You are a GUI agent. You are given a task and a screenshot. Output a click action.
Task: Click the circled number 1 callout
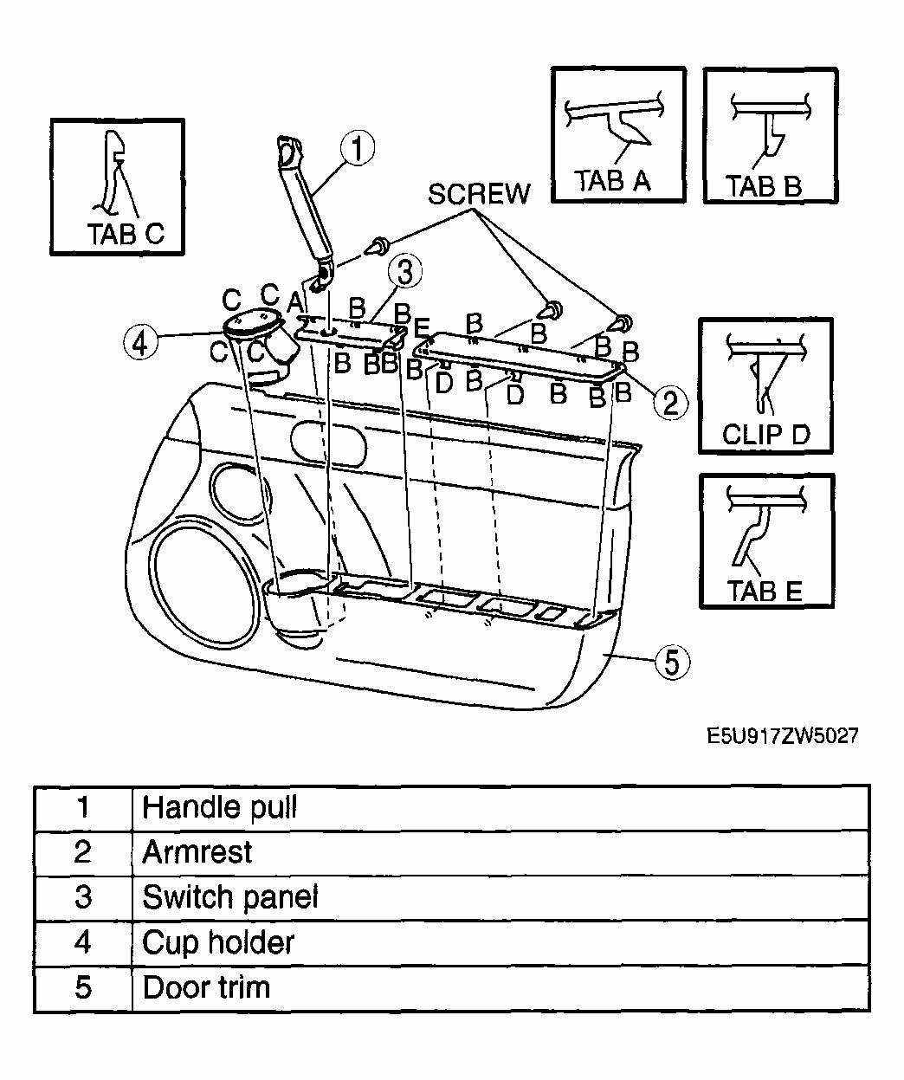pos(357,148)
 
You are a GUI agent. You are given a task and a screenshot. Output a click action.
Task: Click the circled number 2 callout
pos(670,401)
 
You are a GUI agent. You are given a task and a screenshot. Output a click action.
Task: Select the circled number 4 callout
pos(141,341)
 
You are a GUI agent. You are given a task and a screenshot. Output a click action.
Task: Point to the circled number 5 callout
pos(672,663)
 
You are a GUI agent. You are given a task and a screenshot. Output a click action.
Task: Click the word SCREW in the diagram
pos(478,194)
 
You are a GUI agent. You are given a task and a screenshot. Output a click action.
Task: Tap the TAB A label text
pos(612,181)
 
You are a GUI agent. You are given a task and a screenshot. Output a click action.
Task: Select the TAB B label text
pos(764,186)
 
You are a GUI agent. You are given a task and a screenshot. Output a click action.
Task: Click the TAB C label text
pos(126,235)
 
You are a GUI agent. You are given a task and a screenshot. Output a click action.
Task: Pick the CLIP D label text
pos(765,434)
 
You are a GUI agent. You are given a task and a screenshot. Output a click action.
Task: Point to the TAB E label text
pos(765,592)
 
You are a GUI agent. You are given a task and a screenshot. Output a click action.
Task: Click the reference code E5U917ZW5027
pos(783,736)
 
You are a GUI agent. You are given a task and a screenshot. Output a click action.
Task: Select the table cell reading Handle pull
pos(220,807)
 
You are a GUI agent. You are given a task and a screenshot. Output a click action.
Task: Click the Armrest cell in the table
pos(197,852)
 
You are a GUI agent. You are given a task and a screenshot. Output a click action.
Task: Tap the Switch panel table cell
pos(230,896)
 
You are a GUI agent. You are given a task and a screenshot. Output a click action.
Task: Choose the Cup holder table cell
pos(218,941)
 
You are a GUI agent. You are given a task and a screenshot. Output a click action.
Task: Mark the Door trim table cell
pos(206,986)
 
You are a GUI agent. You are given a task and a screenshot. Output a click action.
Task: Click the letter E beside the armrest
pos(422,328)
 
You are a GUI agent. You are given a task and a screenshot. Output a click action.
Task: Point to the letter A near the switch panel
pos(294,302)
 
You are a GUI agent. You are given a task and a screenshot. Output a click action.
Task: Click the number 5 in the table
pos(83,986)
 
